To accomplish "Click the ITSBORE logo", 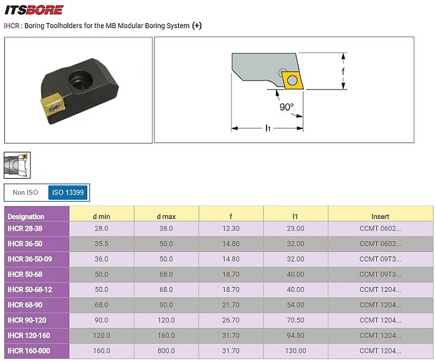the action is (34, 10).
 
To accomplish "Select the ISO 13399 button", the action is (68, 192).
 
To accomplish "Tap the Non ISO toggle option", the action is (26, 192).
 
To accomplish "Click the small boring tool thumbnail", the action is (17, 165).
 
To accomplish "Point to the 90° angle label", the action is (287, 106).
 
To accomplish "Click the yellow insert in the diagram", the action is (292, 80).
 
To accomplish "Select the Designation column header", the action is (26, 217).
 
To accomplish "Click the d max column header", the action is (166, 217).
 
